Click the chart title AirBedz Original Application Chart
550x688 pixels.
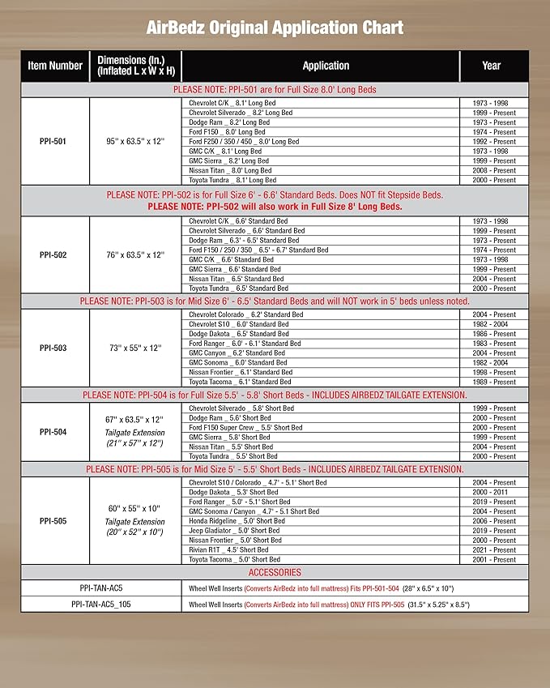pos(275,28)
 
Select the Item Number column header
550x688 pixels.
pos(55,66)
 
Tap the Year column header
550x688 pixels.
pos(492,66)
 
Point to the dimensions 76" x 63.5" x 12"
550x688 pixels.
pos(136,254)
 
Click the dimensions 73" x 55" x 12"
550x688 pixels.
pos(136,348)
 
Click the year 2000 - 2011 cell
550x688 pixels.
pos(493,492)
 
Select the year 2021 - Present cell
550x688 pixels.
pos(493,549)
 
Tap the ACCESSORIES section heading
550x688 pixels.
pos(275,572)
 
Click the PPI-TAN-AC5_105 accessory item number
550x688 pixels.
pos(101,605)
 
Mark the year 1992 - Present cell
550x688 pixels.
pos(493,142)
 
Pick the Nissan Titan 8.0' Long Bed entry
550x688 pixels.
pos(230,170)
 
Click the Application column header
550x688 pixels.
pos(326,66)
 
